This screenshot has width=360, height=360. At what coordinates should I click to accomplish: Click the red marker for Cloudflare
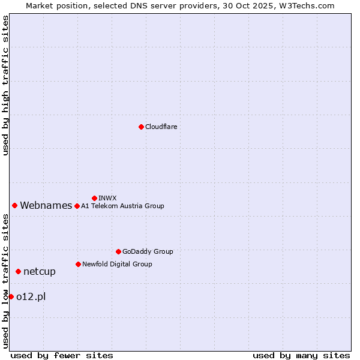tap(141, 127)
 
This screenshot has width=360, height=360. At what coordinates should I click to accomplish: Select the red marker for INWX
tap(94, 198)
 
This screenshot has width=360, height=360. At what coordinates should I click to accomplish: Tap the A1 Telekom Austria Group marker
tap(77, 206)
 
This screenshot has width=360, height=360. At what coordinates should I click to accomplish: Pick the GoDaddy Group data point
tap(118, 251)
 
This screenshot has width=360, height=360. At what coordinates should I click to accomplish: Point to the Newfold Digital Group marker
tap(78, 264)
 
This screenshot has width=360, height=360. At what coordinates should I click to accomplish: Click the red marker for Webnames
tap(14, 205)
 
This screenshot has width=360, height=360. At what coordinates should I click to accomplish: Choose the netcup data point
tap(18, 271)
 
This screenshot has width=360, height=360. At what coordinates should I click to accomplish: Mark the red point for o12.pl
tap(11, 296)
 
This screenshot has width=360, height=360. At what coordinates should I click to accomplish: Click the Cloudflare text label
tap(161, 127)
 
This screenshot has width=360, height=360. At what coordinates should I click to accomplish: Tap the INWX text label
tap(107, 198)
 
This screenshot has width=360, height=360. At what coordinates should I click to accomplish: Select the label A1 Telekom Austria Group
tap(122, 206)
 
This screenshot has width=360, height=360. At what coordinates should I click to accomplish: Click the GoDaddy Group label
tap(148, 251)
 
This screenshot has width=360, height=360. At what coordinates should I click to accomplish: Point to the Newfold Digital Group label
tap(117, 264)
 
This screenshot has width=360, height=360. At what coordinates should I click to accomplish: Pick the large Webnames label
tap(46, 205)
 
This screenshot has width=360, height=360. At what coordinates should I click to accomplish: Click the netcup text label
tap(40, 271)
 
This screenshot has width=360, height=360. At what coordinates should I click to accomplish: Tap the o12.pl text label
tap(31, 296)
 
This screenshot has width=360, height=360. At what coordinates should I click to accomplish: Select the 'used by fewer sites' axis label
tap(62, 355)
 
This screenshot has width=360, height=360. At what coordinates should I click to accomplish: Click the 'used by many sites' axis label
tap(301, 355)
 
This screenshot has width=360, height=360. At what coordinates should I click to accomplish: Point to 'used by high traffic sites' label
tap(5, 85)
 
